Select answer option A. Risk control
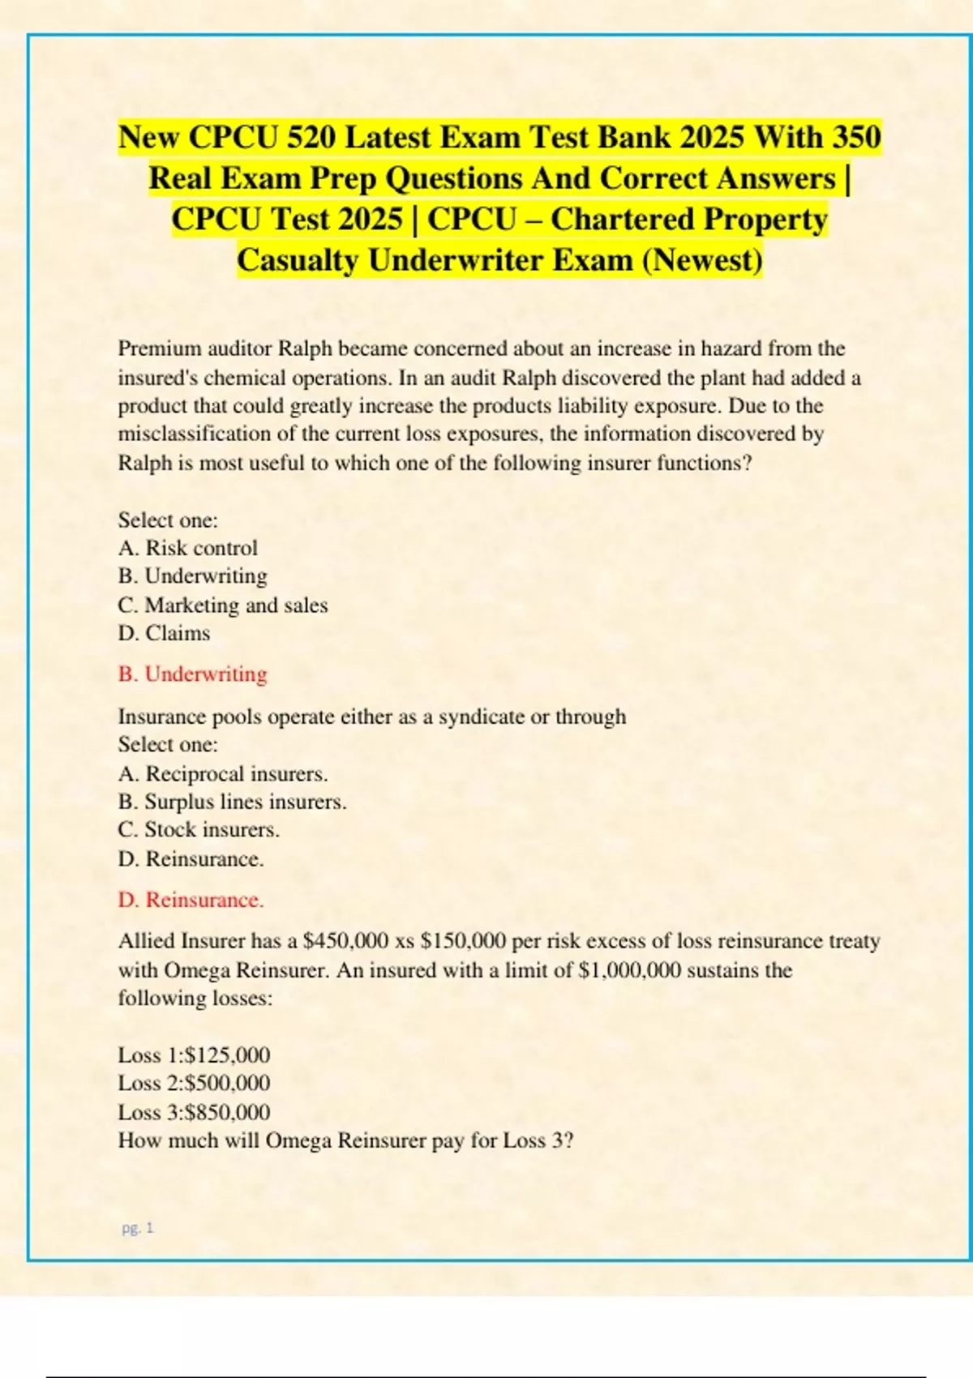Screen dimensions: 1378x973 187,549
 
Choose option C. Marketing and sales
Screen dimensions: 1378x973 222,606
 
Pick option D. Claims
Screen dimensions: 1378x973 164,633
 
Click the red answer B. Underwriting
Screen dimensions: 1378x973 192,674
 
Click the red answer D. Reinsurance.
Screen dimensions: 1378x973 191,901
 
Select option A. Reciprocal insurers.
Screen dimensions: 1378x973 222,774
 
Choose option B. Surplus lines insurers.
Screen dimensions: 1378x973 232,802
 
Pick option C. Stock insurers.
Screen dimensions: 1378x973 199,830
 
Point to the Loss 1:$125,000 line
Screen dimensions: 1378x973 194,1055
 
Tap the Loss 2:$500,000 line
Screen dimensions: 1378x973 194,1084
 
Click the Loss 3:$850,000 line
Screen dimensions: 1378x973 194,1112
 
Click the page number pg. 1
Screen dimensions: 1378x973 137,1228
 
